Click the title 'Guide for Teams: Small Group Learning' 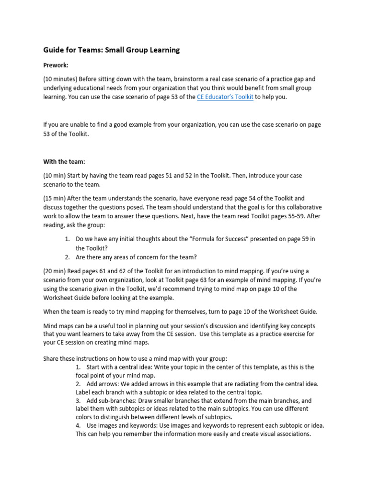click(111, 50)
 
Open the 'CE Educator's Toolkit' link click(225, 97)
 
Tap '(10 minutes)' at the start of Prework click(60, 79)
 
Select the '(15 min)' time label click(54, 198)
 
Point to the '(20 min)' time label click(54, 271)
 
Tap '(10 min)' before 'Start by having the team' click(54, 176)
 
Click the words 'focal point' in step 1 click(92, 376)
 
